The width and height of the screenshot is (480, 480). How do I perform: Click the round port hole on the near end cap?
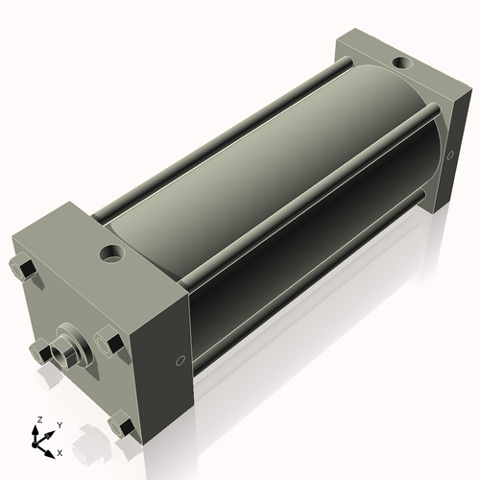pyautogui.click(x=112, y=253)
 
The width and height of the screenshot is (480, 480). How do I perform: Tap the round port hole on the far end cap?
pyautogui.click(x=402, y=62)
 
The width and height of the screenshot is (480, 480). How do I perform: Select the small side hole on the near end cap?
pyautogui.click(x=180, y=360)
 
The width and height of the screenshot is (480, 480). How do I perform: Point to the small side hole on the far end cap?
pyautogui.click(x=450, y=156)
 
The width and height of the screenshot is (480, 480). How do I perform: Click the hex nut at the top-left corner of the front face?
pyautogui.click(x=22, y=268)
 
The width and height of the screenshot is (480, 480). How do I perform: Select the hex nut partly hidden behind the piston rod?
pyautogui.click(x=40, y=353)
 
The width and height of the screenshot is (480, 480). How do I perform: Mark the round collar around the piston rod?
pyautogui.click(x=77, y=341)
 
